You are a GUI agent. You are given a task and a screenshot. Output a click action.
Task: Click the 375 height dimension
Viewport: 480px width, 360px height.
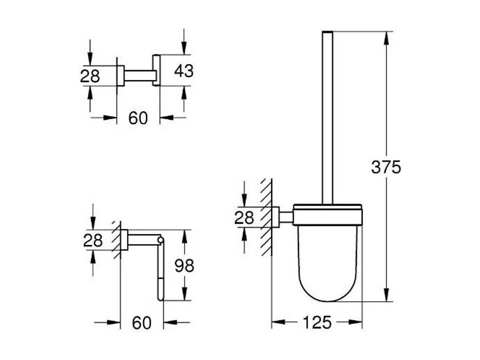(x=386, y=167)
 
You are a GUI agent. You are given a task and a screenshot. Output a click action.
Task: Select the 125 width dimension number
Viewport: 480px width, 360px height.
(x=317, y=322)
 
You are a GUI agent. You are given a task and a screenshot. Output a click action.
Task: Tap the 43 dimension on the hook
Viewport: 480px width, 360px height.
(x=183, y=71)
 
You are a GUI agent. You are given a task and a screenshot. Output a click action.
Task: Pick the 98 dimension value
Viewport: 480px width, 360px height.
(x=184, y=266)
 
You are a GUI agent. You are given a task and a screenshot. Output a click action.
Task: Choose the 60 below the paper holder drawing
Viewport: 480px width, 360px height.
(x=141, y=323)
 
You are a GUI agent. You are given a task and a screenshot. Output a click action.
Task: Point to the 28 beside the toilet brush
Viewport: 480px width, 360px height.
(x=244, y=218)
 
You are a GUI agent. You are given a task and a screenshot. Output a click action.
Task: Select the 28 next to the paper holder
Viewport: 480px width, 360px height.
(x=93, y=240)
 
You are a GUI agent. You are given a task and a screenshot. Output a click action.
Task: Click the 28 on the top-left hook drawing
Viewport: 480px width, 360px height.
(x=90, y=76)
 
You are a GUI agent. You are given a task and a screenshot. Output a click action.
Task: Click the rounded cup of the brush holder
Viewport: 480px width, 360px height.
(x=327, y=263)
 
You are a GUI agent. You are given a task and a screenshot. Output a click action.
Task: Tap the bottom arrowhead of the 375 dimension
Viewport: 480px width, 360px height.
(x=386, y=295)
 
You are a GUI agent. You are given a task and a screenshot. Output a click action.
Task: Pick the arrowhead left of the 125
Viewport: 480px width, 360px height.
(x=278, y=322)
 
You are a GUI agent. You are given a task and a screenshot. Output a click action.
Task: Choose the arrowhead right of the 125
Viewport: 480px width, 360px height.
(x=356, y=322)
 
